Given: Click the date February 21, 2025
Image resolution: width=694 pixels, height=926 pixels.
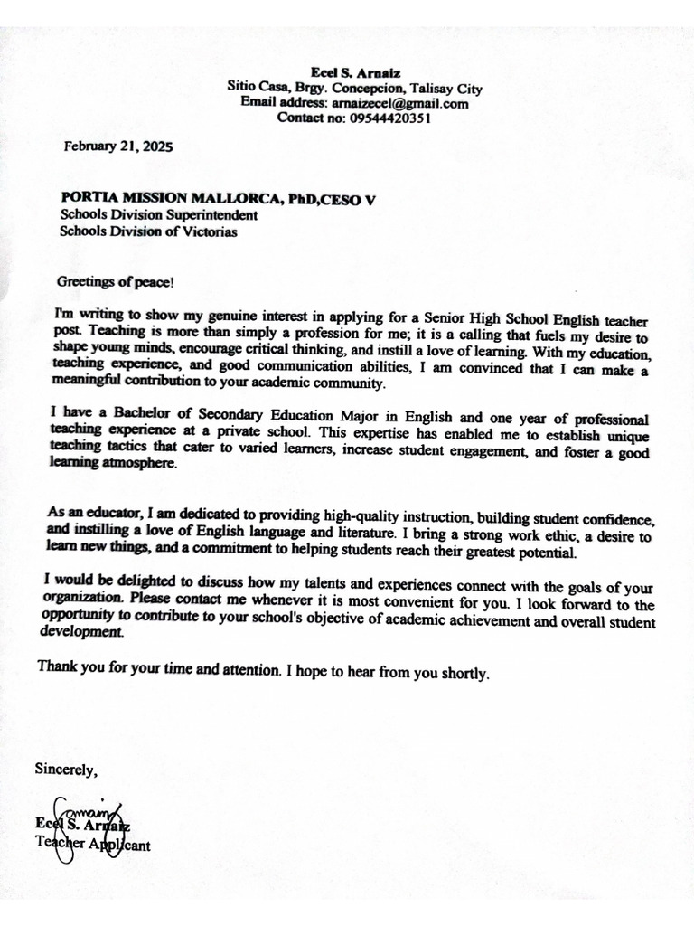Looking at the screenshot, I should (x=117, y=146).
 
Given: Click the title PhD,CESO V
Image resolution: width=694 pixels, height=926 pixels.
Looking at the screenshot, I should (x=330, y=200).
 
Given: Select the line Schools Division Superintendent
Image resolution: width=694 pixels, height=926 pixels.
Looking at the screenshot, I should (x=159, y=215).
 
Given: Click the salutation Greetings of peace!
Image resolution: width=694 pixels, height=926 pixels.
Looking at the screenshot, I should (x=115, y=281).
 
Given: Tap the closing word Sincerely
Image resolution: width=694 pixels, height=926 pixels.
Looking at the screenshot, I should (x=65, y=770).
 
